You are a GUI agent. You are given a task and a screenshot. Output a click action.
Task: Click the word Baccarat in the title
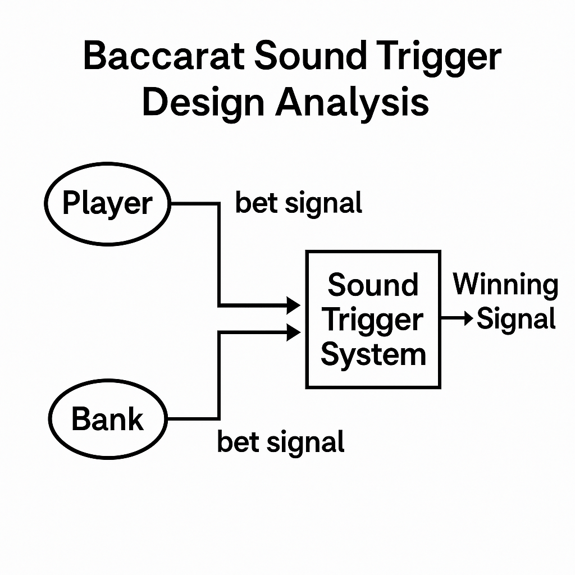tap(164, 56)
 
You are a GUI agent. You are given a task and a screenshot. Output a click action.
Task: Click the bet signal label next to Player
tap(299, 204)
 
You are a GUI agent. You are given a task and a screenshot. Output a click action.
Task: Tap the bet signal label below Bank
tap(281, 442)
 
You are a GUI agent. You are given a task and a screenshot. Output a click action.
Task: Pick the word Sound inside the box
tap(373, 285)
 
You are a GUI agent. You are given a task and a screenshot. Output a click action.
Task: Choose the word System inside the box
tap(373, 355)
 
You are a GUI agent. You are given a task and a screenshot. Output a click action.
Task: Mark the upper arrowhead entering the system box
tap(293, 305)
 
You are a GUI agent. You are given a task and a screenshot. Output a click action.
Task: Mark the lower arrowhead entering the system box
tap(293, 332)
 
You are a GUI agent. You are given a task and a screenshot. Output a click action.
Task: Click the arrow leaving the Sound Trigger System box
tap(457, 318)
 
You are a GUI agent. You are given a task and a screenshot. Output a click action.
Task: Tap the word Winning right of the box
tap(506, 285)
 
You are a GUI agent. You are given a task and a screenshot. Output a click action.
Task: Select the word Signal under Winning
tap(516, 319)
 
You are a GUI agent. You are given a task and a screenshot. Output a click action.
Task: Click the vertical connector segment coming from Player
tap(219, 254)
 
